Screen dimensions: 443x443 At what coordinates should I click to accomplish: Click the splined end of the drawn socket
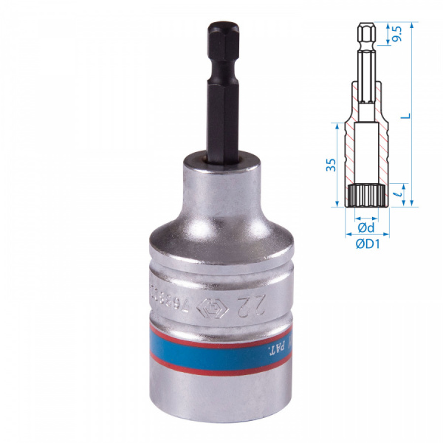(x=364, y=196)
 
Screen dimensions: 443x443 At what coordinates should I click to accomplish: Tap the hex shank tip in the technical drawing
(x=364, y=33)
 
